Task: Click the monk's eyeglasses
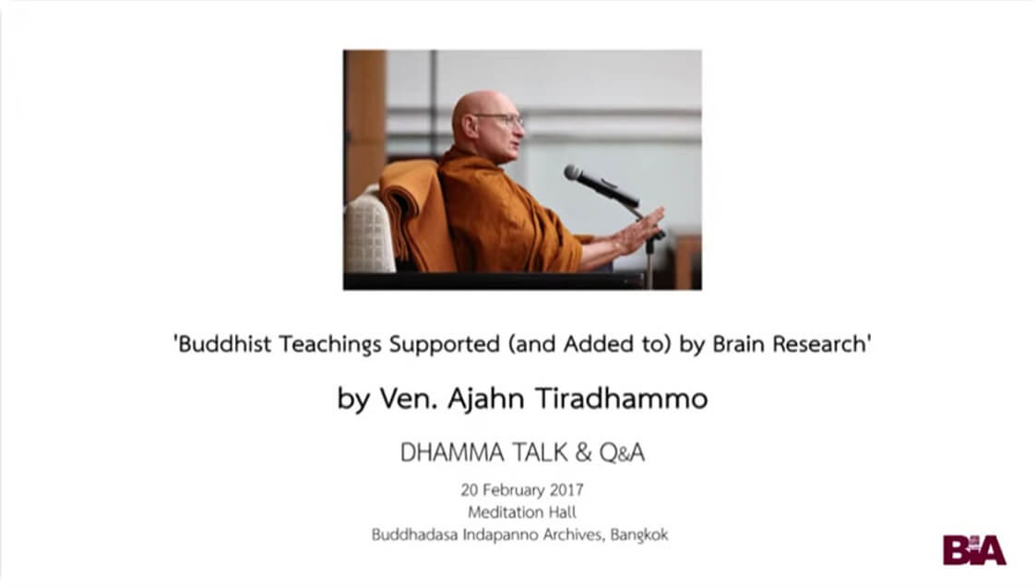pos(499,119)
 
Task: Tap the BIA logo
pos(973,549)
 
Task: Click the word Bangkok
pos(637,534)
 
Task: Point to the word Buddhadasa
pos(412,534)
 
